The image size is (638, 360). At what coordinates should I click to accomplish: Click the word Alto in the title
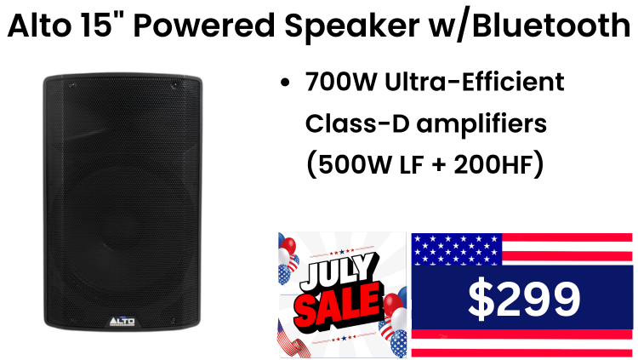39,26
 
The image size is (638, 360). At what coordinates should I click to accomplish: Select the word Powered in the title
204,26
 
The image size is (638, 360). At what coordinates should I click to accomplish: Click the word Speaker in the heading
352,26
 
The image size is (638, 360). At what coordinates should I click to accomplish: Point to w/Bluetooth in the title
529,26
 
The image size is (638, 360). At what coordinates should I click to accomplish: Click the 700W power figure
340,82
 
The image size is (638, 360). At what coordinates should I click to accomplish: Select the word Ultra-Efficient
475,82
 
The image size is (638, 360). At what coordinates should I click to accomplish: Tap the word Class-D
357,123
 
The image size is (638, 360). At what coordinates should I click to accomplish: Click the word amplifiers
481,124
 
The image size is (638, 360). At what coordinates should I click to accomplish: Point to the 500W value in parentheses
354,165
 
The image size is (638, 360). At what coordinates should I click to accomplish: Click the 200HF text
493,165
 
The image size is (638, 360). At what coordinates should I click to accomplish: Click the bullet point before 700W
285,83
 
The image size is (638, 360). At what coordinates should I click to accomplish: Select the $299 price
524,300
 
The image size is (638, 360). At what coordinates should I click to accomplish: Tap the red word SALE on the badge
339,306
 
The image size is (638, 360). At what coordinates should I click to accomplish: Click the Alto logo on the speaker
122,322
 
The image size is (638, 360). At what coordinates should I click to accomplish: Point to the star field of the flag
457,249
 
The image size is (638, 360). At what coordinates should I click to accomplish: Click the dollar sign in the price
481,300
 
